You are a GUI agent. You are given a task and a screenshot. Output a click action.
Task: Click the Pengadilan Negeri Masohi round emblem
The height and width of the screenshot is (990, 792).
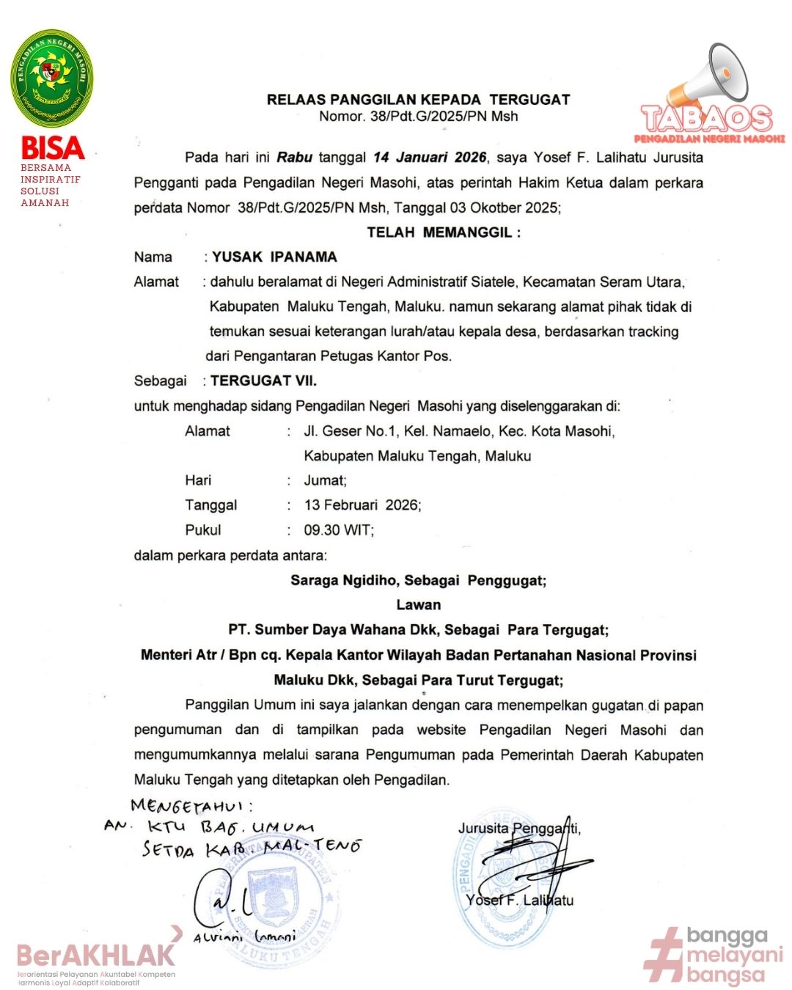pos(52,78)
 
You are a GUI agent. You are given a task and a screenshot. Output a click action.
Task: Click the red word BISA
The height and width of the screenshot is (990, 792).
pos(52,147)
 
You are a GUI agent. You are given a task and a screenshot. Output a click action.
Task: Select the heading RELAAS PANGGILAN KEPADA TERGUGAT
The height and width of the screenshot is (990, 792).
pos(418,100)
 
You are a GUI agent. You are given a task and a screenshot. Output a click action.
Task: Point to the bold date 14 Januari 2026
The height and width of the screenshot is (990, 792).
pos(430,158)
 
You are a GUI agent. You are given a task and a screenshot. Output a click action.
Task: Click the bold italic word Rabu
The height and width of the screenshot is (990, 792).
pos(294,158)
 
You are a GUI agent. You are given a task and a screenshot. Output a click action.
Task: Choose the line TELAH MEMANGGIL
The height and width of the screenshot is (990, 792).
pos(444,232)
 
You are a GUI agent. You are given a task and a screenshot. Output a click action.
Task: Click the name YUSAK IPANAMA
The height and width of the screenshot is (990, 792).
pos(275,257)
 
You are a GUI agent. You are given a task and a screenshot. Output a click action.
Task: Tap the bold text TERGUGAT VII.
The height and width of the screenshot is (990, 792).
pos(263,381)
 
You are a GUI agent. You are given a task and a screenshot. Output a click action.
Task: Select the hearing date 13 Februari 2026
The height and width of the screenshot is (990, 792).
pos(362,505)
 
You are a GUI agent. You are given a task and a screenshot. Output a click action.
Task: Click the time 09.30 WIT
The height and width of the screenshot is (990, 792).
pos(338,530)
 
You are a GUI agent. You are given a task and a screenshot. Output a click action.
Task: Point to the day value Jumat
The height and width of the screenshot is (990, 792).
pos(325,480)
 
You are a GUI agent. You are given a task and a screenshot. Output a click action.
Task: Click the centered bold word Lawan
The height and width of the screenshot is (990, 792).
pos(419,605)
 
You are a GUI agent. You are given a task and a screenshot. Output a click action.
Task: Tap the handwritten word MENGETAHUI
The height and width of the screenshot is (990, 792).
pos(191,807)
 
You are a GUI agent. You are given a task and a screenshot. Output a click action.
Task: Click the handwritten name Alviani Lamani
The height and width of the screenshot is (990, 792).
pos(244,937)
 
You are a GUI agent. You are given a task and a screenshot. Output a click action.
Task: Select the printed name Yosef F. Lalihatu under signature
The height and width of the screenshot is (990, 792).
pos(519,901)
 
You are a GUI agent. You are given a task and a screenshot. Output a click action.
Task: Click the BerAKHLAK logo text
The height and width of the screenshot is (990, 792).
pos(96,955)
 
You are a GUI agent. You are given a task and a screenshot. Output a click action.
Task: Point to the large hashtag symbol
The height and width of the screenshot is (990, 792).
pos(663,955)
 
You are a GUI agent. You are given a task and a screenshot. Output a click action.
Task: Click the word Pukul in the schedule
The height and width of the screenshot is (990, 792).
pos(203,530)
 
